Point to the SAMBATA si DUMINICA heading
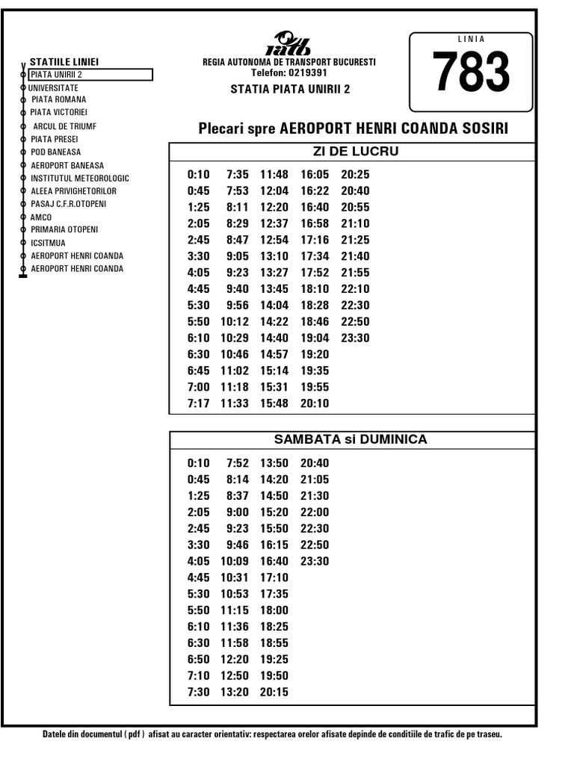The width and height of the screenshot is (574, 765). click(351, 439)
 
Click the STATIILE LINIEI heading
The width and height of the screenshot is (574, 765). click(64, 62)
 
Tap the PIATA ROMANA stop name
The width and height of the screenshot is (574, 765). click(58, 99)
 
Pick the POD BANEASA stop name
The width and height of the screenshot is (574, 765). click(55, 152)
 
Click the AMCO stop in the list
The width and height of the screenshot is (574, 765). click(41, 217)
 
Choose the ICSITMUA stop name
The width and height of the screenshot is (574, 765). click(48, 243)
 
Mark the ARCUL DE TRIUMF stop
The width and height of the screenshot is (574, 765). click(64, 126)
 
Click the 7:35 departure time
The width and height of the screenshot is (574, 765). click(237, 175)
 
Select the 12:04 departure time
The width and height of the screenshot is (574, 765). click(274, 191)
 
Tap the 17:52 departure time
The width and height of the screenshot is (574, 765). click(314, 273)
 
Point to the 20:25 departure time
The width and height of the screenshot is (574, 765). click(355, 175)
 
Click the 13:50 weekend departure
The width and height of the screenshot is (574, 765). click(274, 463)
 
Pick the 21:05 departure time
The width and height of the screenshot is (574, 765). click(314, 480)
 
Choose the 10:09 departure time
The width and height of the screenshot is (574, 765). click(235, 561)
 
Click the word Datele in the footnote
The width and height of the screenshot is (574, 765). click(58, 734)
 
